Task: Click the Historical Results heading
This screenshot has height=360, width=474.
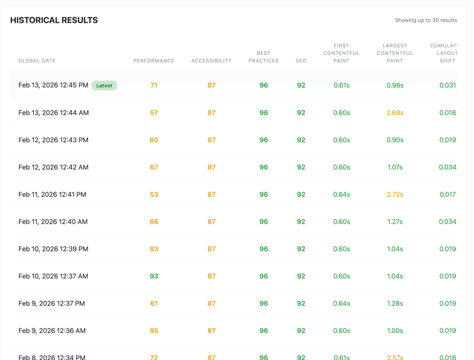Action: (x=54, y=20)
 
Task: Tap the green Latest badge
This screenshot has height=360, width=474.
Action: (x=104, y=85)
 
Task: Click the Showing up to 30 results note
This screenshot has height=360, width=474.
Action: (x=426, y=20)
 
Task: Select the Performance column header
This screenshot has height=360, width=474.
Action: (x=154, y=61)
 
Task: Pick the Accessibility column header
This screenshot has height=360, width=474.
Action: (x=211, y=61)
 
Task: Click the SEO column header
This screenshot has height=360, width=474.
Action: (x=301, y=61)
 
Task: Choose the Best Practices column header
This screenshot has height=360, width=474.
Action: (x=263, y=57)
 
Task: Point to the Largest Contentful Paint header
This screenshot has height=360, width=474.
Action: (x=395, y=53)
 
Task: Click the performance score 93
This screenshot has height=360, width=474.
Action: (x=154, y=276)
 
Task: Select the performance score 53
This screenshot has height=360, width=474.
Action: (x=154, y=195)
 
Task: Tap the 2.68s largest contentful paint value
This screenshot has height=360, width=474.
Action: (x=395, y=113)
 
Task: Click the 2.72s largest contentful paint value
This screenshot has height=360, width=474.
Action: (x=395, y=195)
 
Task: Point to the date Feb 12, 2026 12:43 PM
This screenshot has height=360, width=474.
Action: (x=53, y=140)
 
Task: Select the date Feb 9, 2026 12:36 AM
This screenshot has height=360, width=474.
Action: (x=52, y=331)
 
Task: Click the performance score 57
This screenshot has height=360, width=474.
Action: (x=154, y=113)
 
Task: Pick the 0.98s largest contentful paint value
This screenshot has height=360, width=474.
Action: (x=395, y=85)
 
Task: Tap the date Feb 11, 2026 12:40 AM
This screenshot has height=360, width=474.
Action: (x=53, y=222)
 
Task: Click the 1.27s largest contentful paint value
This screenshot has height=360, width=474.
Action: (x=395, y=222)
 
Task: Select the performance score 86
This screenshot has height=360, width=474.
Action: (x=154, y=222)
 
